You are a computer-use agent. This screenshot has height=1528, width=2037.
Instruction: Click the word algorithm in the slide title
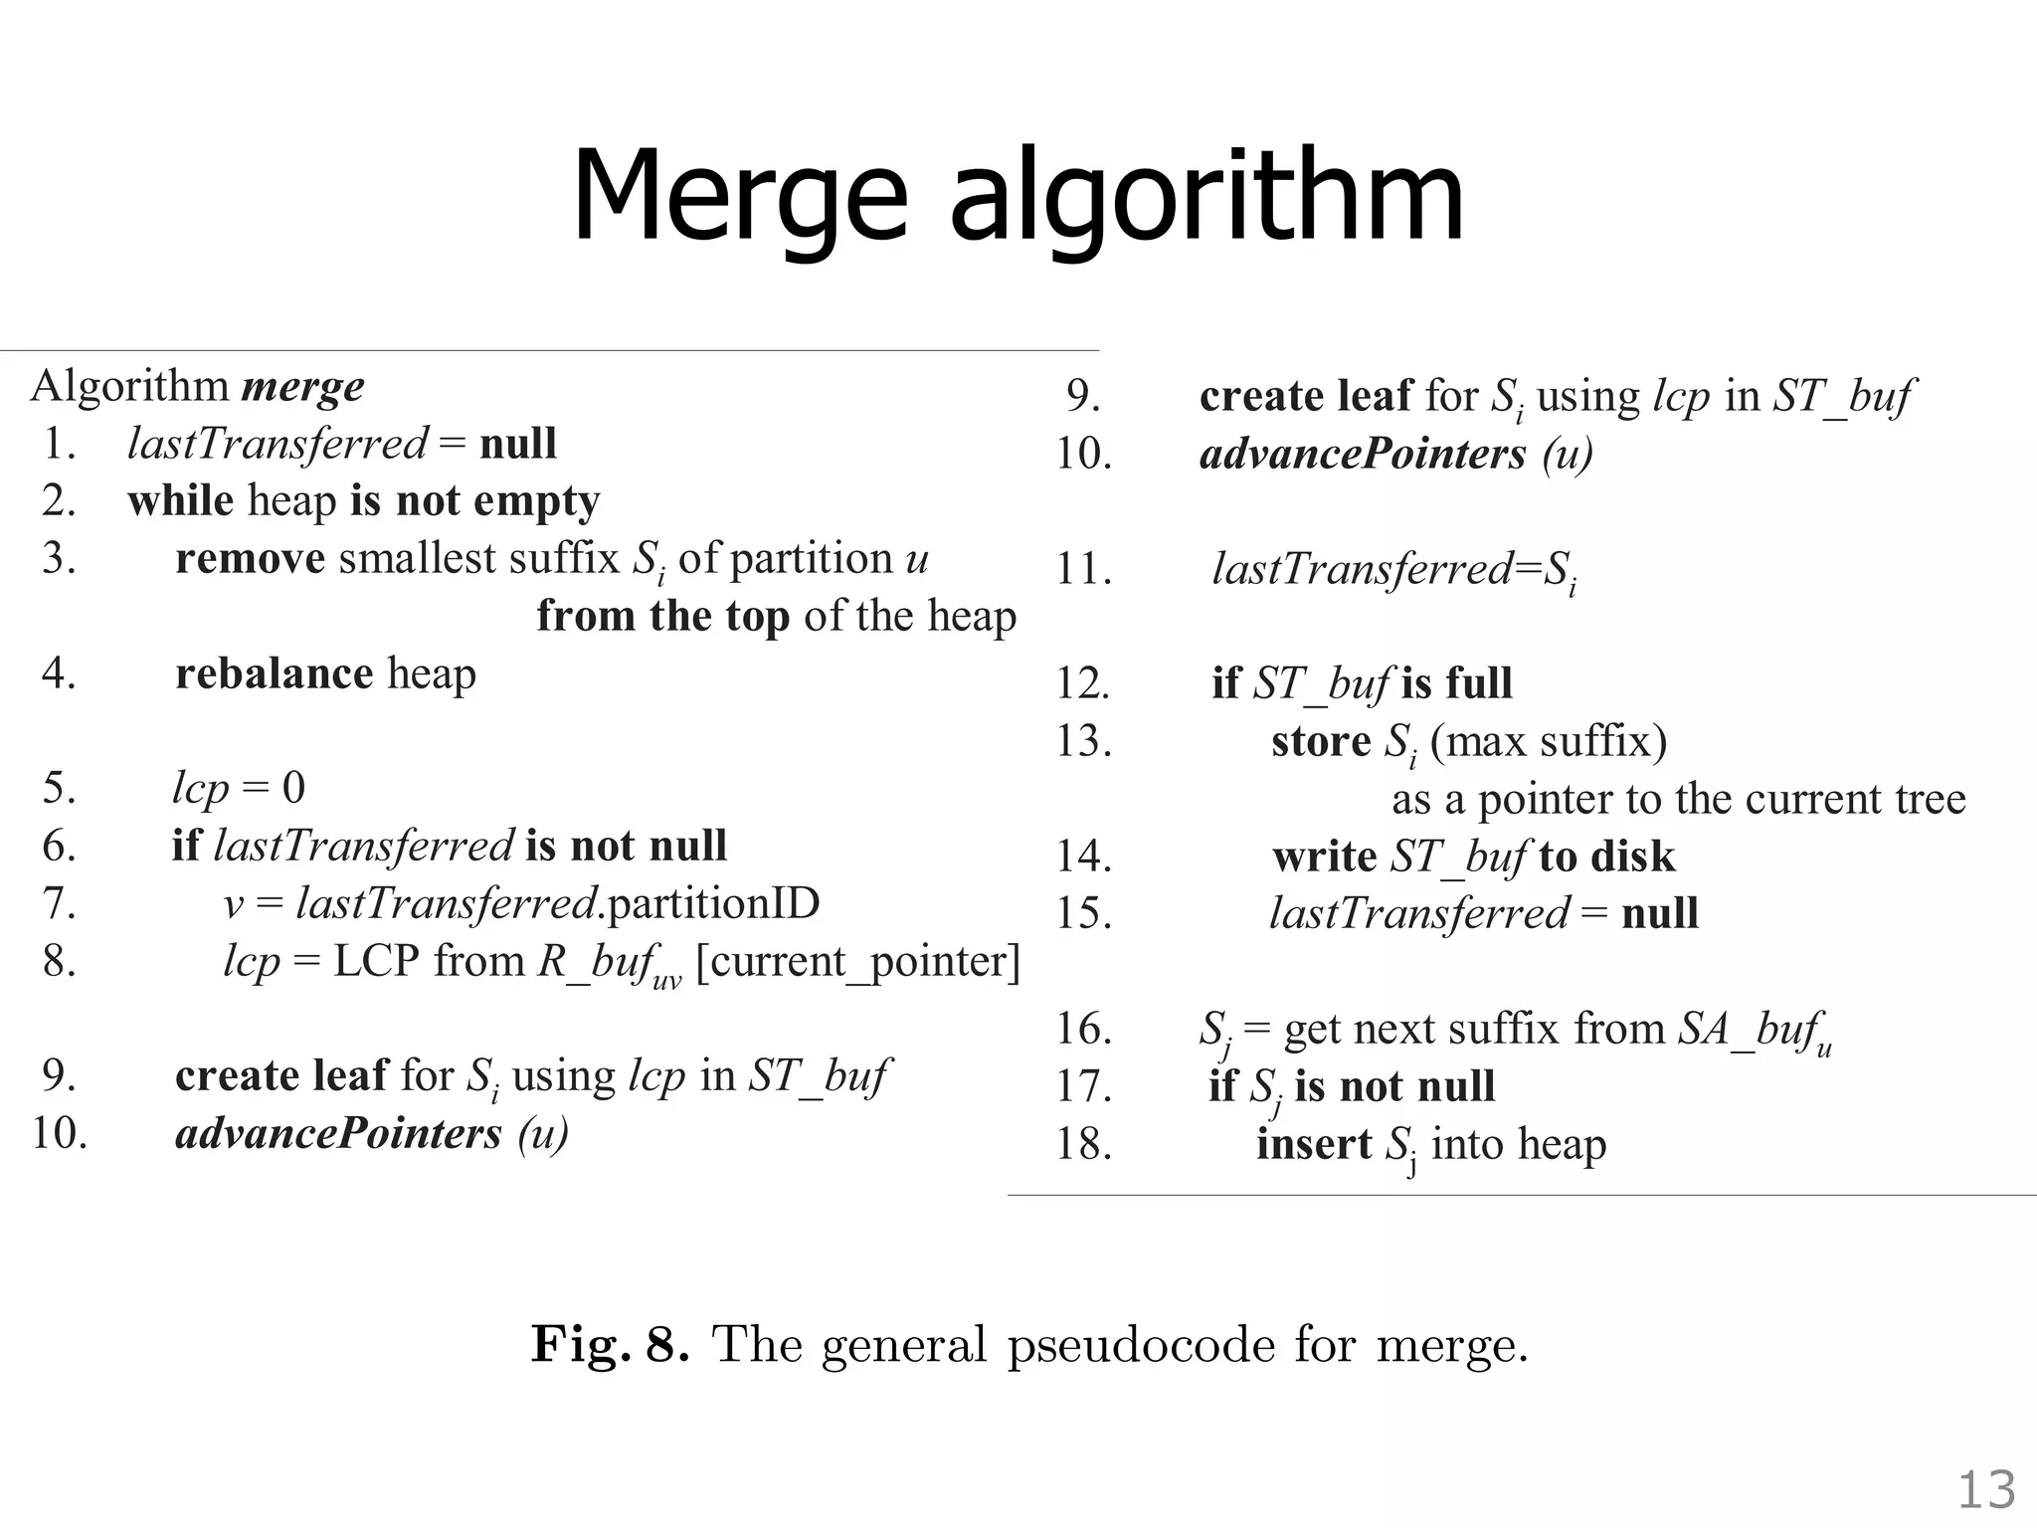click(x=1206, y=199)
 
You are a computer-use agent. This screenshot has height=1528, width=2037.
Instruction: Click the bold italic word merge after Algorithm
click(x=302, y=387)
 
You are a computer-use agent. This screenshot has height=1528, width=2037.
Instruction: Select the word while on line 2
click(x=180, y=500)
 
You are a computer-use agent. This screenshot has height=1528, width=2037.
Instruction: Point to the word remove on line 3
click(x=250, y=558)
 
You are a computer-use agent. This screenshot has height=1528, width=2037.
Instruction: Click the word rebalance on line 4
click(x=274, y=673)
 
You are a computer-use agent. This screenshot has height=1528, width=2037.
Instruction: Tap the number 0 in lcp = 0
click(x=293, y=788)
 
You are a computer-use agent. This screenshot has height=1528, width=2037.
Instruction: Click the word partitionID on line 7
click(x=712, y=903)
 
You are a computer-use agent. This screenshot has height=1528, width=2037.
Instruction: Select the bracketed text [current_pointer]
click(x=857, y=962)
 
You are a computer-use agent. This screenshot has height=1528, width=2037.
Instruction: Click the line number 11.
click(x=1082, y=569)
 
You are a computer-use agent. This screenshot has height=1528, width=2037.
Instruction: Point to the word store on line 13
click(x=1321, y=741)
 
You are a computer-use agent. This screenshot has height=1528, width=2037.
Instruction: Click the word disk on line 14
click(x=1633, y=857)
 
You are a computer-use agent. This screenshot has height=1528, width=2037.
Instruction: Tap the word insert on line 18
click(x=1313, y=1144)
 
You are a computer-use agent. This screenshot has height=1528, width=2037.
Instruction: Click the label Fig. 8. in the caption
click(x=610, y=1344)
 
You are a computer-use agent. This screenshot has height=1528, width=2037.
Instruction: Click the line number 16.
click(x=1083, y=1029)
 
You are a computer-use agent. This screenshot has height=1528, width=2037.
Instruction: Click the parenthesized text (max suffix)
click(x=1548, y=741)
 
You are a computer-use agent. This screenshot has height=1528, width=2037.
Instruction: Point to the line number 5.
click(x=59, y=788)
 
